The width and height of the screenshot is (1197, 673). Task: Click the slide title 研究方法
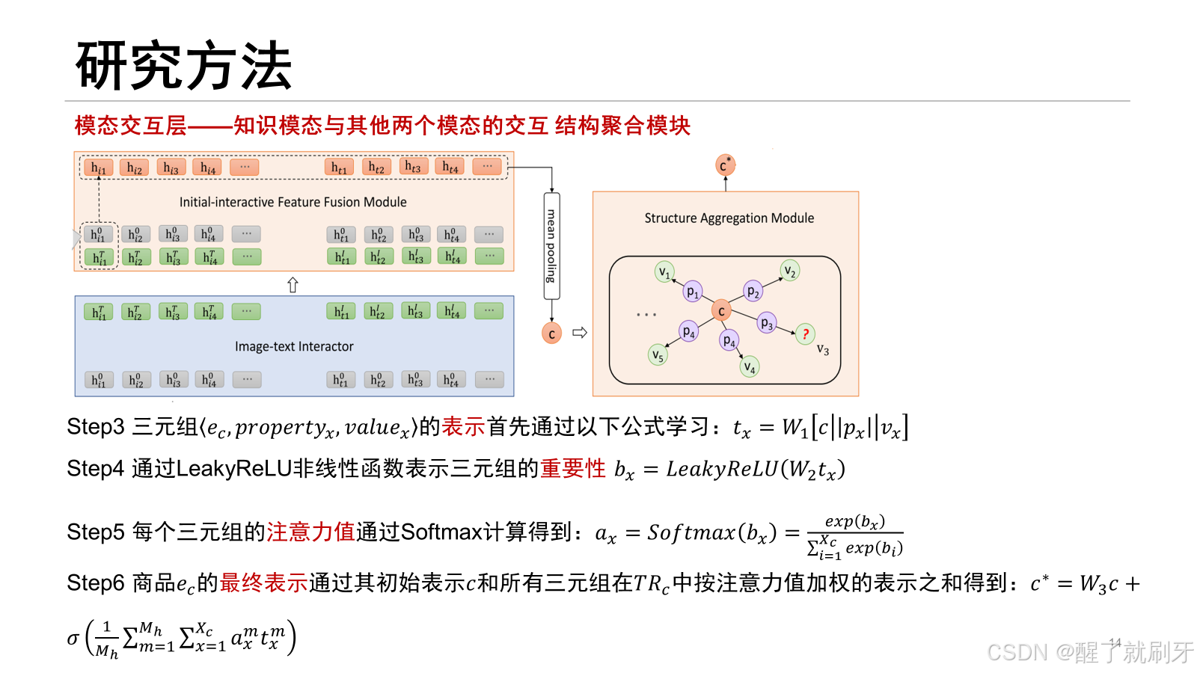183,66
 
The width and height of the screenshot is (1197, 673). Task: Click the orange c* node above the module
724,165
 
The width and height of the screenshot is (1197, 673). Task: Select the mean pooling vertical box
551,246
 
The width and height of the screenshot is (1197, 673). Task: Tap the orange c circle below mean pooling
551,334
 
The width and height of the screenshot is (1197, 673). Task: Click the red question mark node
805,334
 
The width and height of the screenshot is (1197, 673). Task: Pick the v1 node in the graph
664,271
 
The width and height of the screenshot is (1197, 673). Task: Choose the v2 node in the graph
789,271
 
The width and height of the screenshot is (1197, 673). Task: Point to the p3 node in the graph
766,323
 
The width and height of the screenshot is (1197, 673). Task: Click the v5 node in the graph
657,355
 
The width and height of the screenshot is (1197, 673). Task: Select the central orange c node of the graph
721,310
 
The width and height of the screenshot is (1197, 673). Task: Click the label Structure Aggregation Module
729,218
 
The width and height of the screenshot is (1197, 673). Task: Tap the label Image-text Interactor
294,347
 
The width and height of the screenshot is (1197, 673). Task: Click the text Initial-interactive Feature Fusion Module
293,202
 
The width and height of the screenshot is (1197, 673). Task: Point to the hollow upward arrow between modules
293,285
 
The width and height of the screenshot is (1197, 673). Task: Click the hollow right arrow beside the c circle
579,333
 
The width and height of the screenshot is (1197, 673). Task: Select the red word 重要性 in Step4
572,469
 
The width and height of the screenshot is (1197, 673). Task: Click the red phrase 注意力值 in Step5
310,532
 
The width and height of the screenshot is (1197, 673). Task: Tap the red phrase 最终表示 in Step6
263,583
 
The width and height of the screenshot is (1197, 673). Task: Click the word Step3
95,427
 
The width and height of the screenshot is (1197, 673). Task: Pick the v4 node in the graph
749,367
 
